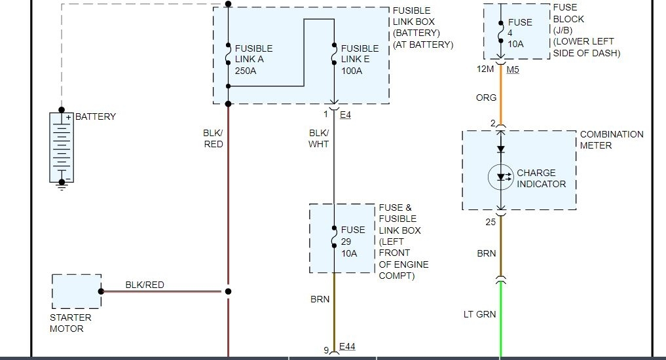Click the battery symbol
point(62,147)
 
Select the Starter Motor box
point(76,291)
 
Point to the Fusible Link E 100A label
point(360,59)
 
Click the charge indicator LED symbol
point(501,177)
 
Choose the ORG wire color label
point(486,98)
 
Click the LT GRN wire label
point(480,314)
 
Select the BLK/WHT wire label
point(319,138)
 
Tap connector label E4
point(346,114)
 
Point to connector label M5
point(513,69)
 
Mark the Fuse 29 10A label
point(353,241)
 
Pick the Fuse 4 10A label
point(521,33)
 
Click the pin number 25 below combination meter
point(490,222)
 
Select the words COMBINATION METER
point(611,139)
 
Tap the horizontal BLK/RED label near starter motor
point(145,285)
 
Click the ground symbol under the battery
point(62,185)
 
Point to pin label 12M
point(485,69)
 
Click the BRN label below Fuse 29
point(320,299)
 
